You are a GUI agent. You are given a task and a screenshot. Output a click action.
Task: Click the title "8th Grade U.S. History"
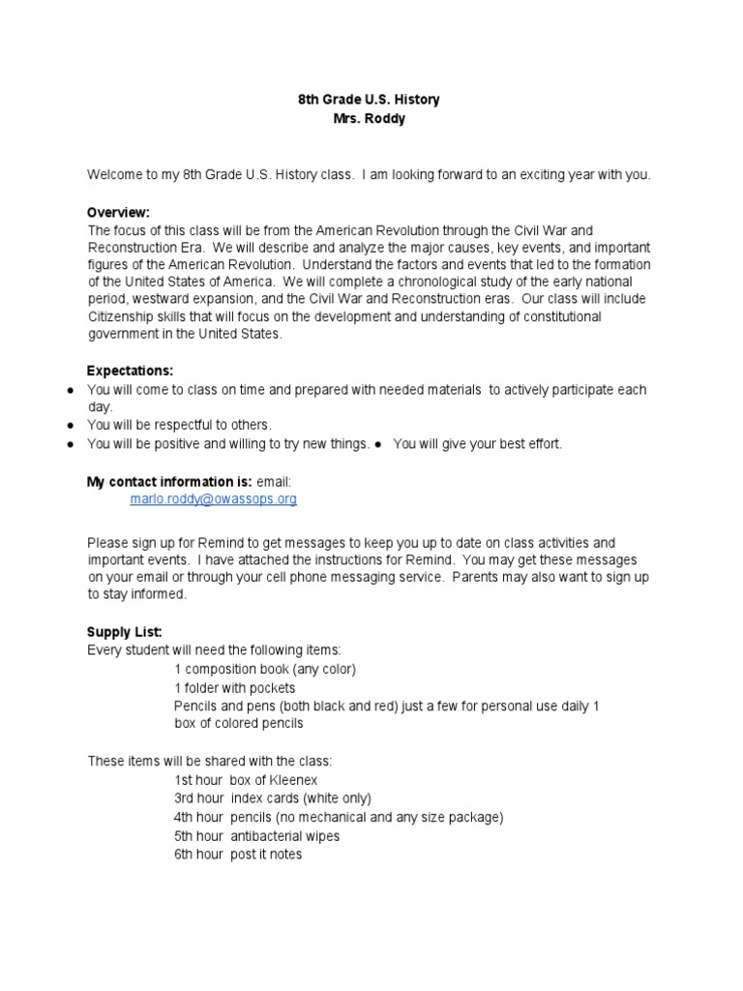371,100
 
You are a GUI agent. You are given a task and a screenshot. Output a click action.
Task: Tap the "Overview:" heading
118,212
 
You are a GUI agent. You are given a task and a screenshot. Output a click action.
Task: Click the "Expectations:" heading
130,371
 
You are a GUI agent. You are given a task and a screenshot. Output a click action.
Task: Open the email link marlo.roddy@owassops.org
213,498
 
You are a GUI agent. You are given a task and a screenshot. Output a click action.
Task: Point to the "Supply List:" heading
124,632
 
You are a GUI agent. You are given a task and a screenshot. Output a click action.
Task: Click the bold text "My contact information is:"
169,481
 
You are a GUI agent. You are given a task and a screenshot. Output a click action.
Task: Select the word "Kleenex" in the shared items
293,780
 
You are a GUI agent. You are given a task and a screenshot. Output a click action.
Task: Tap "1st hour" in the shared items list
198,780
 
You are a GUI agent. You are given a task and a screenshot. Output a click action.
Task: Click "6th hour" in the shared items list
198,855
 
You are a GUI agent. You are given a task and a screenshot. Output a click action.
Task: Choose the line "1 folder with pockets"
235,687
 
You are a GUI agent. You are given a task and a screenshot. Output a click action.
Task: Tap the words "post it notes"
266,855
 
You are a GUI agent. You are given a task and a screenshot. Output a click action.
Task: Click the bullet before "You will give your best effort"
379,444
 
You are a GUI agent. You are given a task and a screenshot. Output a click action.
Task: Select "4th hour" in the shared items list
198,818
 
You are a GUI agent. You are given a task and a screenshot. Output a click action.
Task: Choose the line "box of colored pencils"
239,724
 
